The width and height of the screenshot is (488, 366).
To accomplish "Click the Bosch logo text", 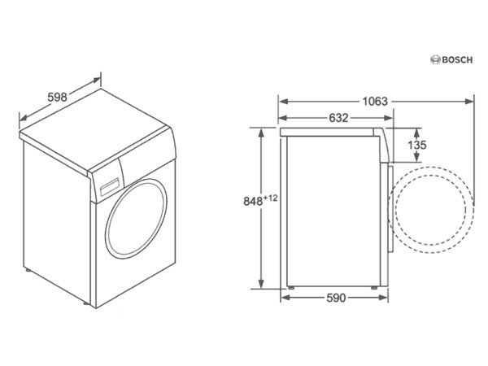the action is [457, 59].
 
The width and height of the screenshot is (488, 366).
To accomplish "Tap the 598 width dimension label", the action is [57, 97].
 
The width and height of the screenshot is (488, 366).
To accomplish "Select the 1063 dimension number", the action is [375, 102].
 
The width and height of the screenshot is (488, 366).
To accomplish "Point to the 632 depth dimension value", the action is [338, 118].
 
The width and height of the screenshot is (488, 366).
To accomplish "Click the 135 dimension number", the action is [416, 145].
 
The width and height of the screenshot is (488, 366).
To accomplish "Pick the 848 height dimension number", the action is [253, 202].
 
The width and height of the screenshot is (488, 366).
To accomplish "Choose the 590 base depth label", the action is [336, 298].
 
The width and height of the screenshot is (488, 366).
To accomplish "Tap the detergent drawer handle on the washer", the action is [110, 187].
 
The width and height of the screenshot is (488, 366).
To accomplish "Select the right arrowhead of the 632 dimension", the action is [389, 118].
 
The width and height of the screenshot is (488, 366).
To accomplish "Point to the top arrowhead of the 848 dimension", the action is [261, 133].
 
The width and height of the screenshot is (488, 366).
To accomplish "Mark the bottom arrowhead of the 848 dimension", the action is [261, 284].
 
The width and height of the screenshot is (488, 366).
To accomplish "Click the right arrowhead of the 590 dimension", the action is [384, 298].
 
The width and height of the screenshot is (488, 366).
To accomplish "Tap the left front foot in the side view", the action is [291, 288].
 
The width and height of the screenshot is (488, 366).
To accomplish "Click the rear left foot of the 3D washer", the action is [28, 270].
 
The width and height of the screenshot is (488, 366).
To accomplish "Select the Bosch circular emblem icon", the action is [435, 59].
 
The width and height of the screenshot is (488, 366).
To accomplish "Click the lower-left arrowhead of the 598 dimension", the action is [24, 118].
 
